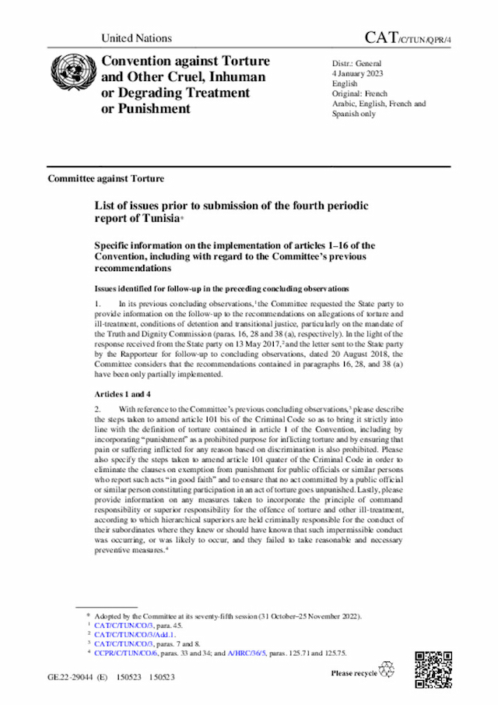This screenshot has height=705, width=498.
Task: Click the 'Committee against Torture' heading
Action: [x=106, y=178]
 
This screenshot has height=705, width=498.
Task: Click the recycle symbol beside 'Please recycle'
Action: [x=386, y=670]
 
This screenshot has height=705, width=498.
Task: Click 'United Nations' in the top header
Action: [x=136, y=38]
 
